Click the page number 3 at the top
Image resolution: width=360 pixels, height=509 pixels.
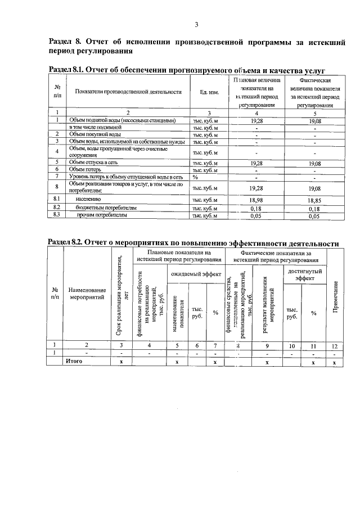point(197,24)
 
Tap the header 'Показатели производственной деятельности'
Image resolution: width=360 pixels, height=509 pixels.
point(128,92)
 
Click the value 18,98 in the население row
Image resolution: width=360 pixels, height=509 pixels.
point(255,199)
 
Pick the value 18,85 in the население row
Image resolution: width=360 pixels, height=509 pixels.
point(314,199)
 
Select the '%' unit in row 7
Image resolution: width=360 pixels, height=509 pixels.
point(196,177)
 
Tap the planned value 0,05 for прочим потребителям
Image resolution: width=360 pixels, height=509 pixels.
point(255,215)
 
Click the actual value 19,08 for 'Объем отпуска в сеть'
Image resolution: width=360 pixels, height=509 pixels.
point(314,163)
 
